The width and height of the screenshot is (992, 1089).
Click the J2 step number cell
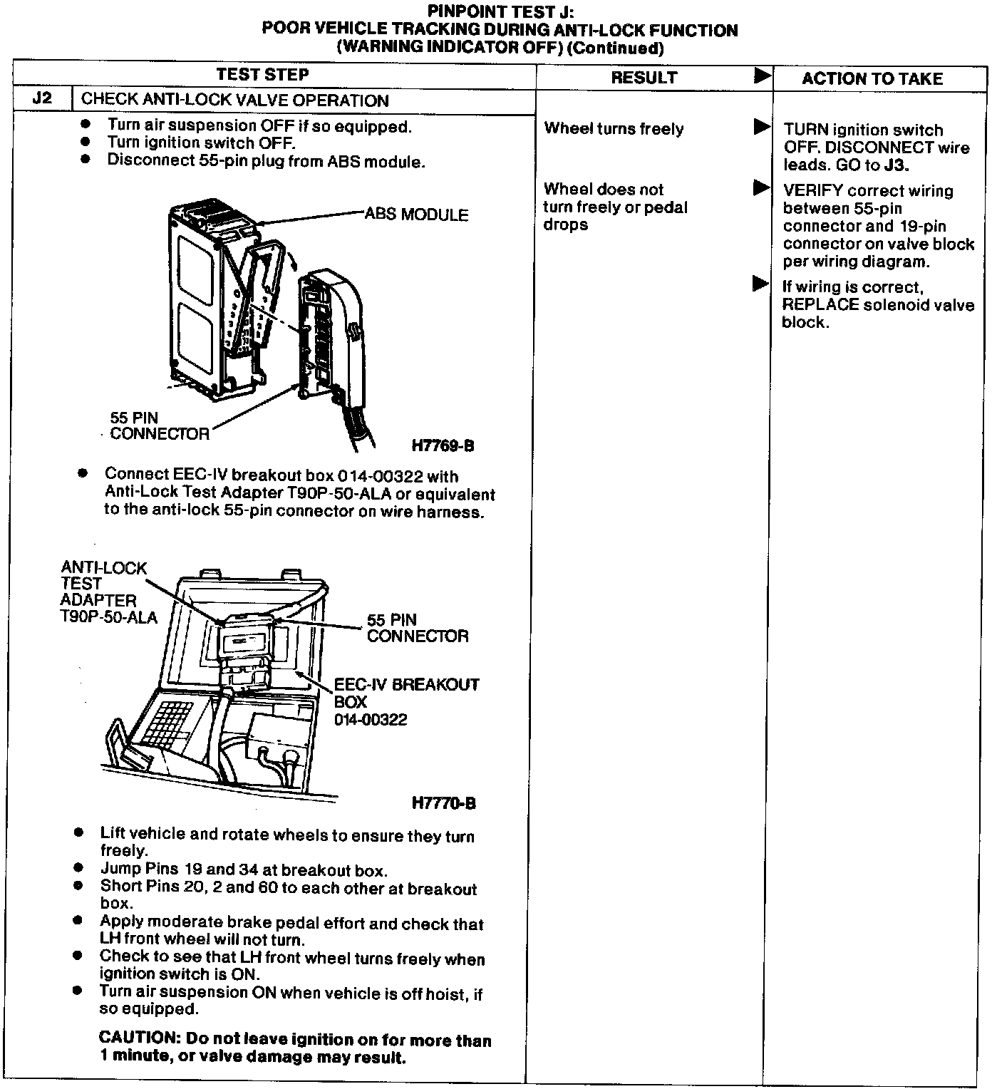tap(43, 98)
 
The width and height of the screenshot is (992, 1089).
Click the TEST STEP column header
tap(262, 74)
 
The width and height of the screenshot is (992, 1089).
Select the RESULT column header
tap(644, 78)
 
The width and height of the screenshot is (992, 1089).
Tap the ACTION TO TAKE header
tap(872, 78)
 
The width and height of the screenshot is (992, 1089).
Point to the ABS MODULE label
tap(416, 215)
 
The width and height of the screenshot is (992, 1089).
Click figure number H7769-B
tap(443, 446)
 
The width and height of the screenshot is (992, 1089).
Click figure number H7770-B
tap(443, 803)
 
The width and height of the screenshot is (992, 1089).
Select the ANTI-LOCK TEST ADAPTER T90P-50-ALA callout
tap(107, 592)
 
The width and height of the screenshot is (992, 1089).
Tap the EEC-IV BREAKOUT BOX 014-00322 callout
tap(406, 702)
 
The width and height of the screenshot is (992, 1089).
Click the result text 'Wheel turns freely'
tap(614, 129)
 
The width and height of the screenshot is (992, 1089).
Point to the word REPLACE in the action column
tap(820, 305)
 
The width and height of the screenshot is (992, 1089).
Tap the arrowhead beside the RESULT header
tap(762, 75)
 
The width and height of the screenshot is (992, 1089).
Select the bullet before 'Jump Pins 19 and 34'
tap(78, 868)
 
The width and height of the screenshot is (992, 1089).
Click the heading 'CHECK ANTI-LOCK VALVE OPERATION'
tap(235, 100)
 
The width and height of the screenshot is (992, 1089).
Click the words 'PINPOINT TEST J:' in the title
tap(500, 11)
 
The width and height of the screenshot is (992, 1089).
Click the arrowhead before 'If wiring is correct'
tap(760, 284)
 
